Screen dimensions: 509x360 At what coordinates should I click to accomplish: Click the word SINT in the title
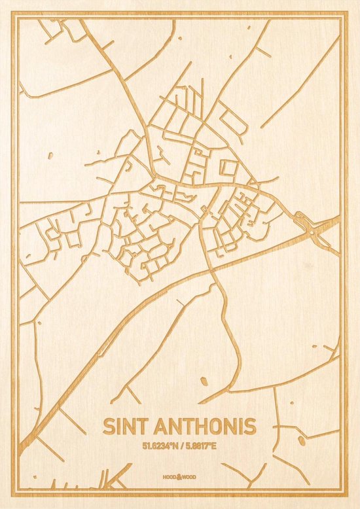click(x=124, y=426)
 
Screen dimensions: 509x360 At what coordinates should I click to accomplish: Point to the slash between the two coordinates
click(x=181, y=447)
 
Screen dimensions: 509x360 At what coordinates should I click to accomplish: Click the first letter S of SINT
click(x=109, y=426)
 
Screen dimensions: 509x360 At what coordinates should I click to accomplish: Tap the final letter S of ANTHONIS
click(x=251, y=426)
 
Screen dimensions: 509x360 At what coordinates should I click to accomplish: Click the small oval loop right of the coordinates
click(x=302, y=441)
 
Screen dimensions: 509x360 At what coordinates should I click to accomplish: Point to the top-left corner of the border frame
click(x=18, y=18)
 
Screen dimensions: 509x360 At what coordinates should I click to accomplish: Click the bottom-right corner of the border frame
click(x=342, y=491)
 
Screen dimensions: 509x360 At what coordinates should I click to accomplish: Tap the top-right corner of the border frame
click(x=342, y=18)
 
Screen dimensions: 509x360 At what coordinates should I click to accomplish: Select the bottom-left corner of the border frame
click(x=18, y=491)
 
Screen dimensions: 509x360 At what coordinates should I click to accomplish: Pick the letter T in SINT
click(x=139, y=426)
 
